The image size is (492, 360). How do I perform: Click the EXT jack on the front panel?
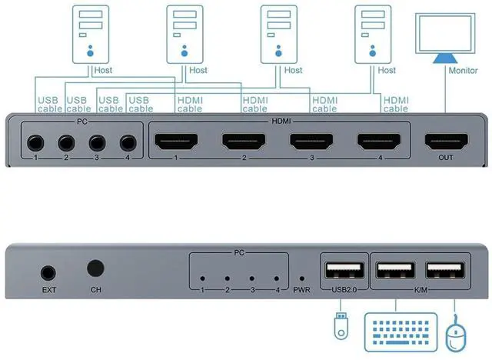pos(48,272)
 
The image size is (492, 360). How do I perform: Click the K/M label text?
pos(421,290)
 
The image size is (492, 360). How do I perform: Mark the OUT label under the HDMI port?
pos(445,160)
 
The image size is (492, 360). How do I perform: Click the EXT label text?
pos(48,291)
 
